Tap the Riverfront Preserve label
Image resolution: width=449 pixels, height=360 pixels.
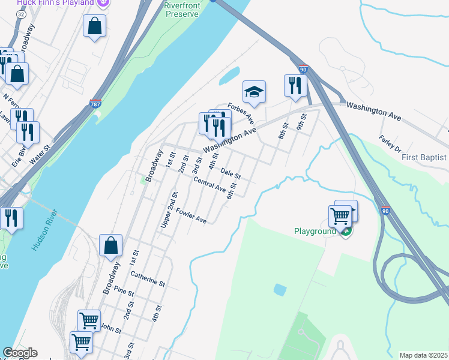181,10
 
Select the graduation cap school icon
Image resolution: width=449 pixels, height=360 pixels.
254,92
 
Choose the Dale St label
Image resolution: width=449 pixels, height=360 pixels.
231,174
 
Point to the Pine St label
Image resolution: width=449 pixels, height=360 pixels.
122,292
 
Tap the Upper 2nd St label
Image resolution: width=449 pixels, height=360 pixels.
169,209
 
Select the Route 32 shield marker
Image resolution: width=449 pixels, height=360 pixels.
21,14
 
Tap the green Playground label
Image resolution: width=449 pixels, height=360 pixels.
315,231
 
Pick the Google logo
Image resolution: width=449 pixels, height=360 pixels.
20,353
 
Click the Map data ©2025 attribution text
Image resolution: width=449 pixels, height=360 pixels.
423,355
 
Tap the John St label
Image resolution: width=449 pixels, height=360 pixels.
110,329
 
